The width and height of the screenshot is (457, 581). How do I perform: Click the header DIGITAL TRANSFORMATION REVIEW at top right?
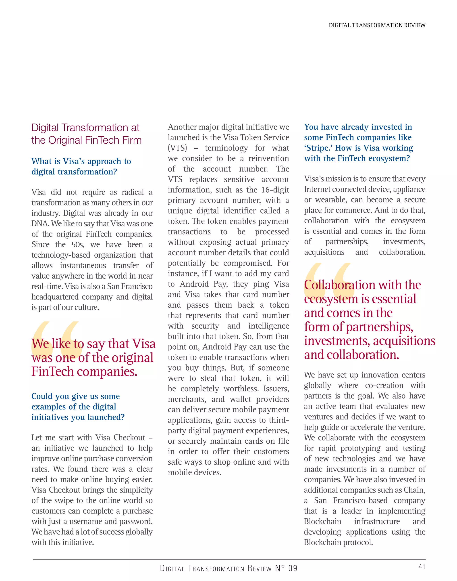(x=377, y=25)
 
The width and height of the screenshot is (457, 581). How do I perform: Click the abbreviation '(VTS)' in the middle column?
(x=177, y=148)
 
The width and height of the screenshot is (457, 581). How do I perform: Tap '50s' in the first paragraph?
(x=78, y=244)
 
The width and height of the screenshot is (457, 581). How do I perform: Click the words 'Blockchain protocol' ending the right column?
(x=338, y=542)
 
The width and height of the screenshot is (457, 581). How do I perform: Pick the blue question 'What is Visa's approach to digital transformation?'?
(x=81, y=166)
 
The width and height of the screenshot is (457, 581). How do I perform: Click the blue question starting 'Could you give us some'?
(x=78, y=406)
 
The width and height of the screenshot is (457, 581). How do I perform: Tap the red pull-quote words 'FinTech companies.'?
(x=84, y=371)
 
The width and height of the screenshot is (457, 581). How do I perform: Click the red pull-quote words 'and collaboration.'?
(x=351, y=355)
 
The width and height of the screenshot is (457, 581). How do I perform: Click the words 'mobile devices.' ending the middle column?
(x=195, y=472)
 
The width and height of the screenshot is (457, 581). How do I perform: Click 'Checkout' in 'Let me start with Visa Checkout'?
(x=129, y=437)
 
